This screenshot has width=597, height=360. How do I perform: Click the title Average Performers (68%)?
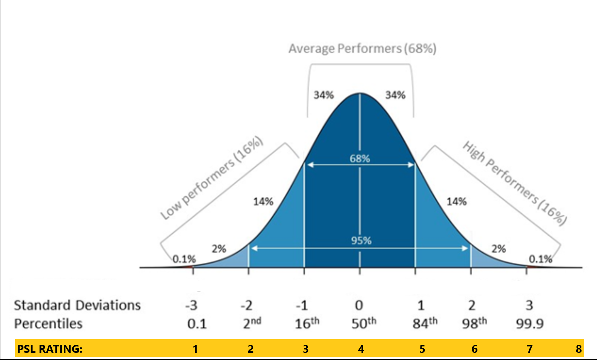pyautogui.click(x=362, y=49)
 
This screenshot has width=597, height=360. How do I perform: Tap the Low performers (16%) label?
pyautogui.click(x=211, y=178)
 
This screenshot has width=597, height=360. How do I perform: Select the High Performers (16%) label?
pyautogui.click(x=515, y=183)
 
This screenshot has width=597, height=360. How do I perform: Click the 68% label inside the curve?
pyautogui.click(x=360, y=158)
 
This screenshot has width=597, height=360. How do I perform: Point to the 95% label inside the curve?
pyautogui.click(x=361, y=241)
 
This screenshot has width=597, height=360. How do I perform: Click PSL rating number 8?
pyautogui.click(x=579, y=349)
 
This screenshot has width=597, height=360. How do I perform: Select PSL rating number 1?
pyautogui.click(x=195, y=349)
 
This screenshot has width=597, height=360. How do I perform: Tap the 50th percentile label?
pyautogui.click(x=364, y=323)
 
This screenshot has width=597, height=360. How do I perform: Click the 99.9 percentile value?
pyautogui.click(x=529, y=323)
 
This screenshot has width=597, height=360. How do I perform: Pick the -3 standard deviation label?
pyautogui.click(x=191, y=305)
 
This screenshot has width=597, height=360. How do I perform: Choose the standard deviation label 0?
pyautogui.click(x=359, y=305)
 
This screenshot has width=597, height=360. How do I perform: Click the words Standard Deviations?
pyautogui.click(x=77, y=305)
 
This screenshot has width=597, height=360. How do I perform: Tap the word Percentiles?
pyautogui.click(x=48, y=323)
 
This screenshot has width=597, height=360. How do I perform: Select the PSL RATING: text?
pyautogui.click(x=49, y=349)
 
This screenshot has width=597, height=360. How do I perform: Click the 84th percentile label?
pyautogui.click(x=425, y=323)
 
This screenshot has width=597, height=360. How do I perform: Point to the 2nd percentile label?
pyautogui.click(x=252, y=323)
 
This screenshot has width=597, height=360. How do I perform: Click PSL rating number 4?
pyautogui.click(x=361, y=349)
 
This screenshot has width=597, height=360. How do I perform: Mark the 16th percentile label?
pyautogui.click(x=307, y=323)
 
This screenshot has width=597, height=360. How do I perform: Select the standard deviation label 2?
pyautogui.click(x=472, y=305)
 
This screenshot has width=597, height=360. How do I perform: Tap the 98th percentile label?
pyautogui.click(x=474, y=323)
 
